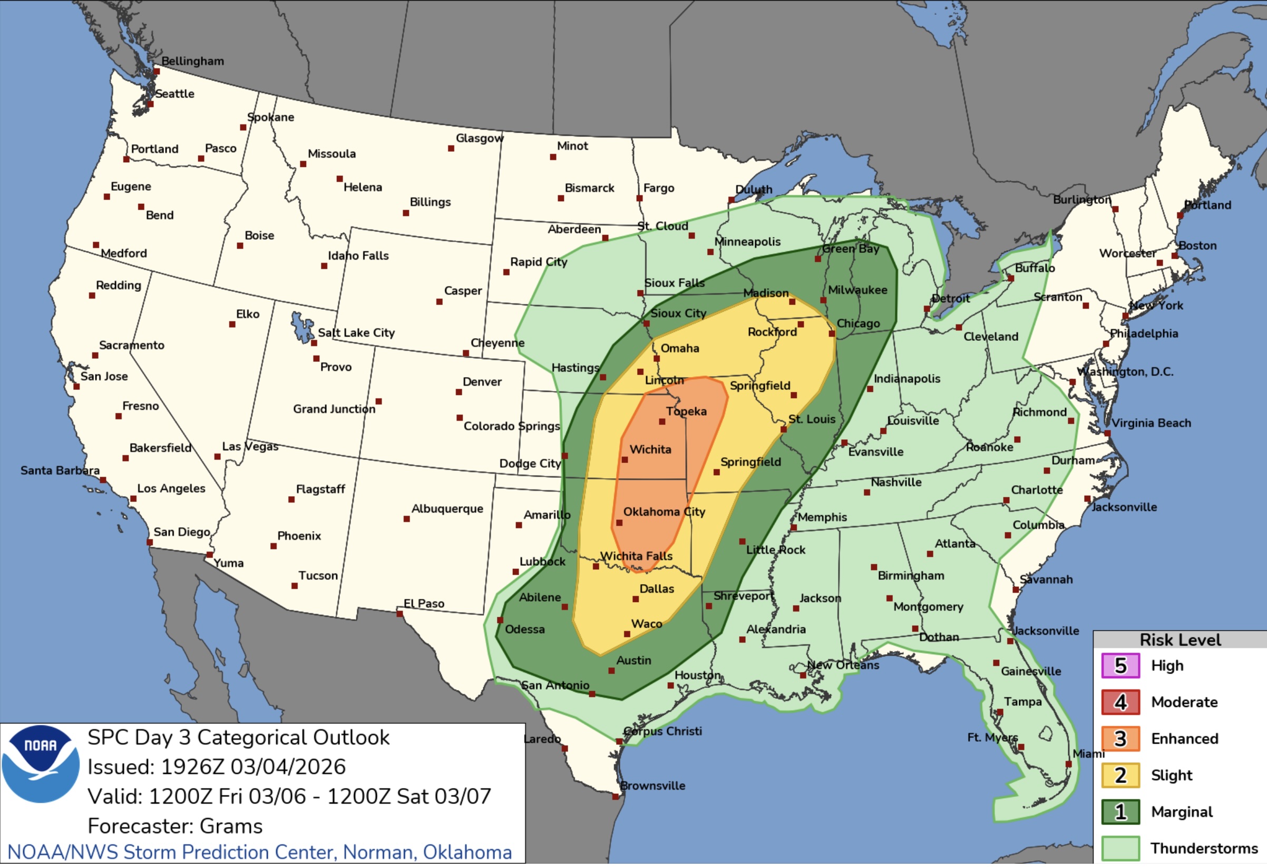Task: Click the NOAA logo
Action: [41, 764]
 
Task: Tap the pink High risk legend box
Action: [1120, 666]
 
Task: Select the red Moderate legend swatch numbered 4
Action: [1120, 703]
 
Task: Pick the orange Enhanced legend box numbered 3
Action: [1120, 739]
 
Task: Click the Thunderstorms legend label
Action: [1204, 849]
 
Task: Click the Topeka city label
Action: [686, 411]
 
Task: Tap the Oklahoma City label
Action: [664, 511]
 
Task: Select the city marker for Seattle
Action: [151, 104]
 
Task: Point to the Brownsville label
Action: [652, 786]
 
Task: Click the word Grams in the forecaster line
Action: [231, 826]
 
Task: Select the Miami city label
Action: [1088, 754]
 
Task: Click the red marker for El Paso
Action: [399, 614]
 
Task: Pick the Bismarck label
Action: [589, 188]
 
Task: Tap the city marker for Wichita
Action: [625, 460]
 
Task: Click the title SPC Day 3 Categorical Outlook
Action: [238, 738]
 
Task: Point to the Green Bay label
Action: [851, 249]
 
